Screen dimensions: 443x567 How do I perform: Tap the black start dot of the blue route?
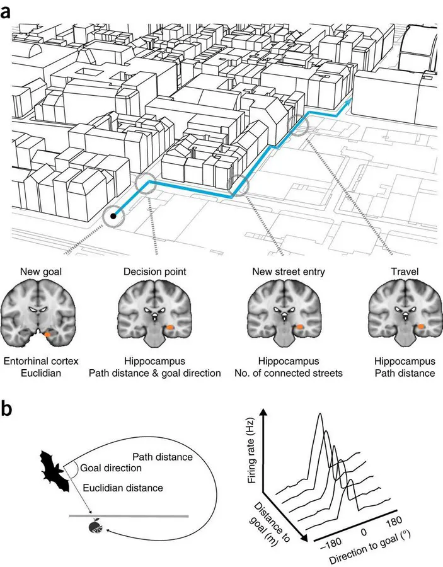pos(113,216)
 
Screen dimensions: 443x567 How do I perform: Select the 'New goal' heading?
pos(41,272)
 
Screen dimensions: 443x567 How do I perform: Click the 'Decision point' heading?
pos(155,272)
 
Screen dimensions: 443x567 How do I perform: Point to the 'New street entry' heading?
pos(289,272)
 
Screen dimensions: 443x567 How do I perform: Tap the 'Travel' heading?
pos(405,272)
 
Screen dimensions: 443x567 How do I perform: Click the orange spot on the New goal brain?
pos(47,335)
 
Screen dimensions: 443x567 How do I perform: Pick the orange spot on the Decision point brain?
pos(170,327)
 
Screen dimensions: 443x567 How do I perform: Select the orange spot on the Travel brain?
pos(422,326)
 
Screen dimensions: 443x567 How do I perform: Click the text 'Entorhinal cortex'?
pos(41,361)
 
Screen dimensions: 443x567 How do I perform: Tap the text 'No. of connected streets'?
pos(289,373)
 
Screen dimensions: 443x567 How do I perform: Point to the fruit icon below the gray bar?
pos(96,527)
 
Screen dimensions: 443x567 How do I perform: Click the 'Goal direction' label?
pos(111,468)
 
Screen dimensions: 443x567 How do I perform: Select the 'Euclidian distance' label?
pos(123,488)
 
